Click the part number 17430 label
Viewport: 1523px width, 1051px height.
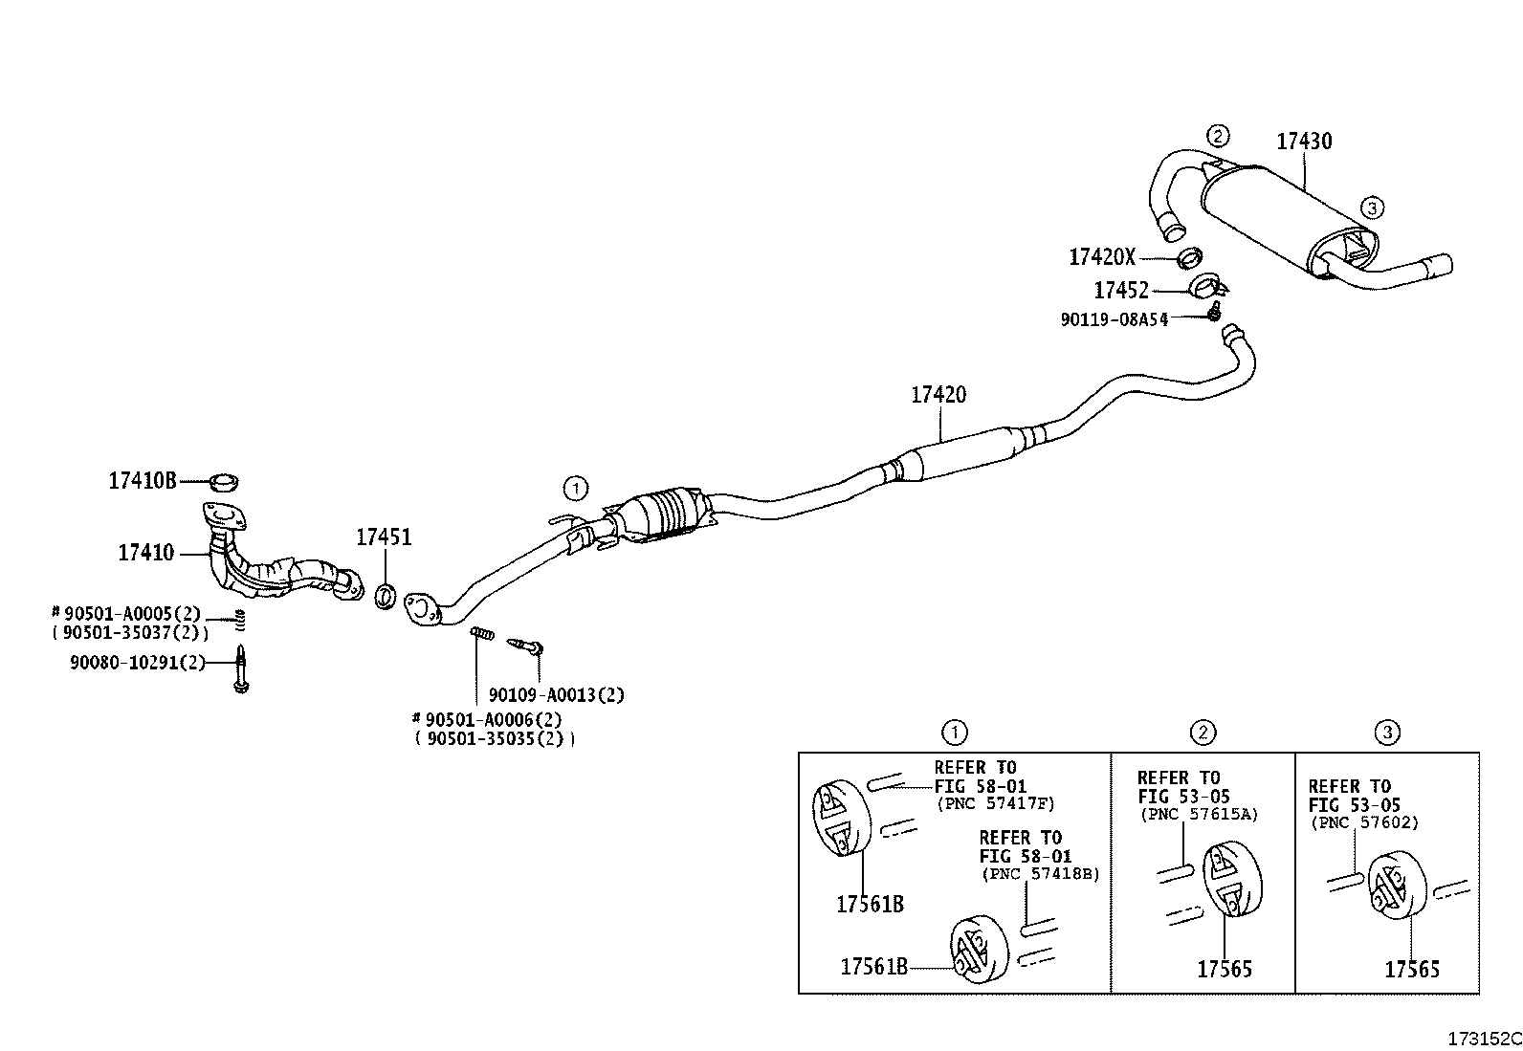pos(1303,142)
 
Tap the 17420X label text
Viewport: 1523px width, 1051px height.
pos(1102,257)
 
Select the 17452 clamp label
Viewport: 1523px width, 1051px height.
pos(1121,291)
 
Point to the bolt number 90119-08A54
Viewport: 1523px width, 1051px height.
pos(1115,318)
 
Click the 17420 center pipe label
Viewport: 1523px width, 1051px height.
pos(938,394)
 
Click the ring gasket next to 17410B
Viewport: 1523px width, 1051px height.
pos(224,481)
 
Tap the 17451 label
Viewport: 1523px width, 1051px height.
pos(385,537)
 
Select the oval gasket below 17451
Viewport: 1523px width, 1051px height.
pos(386,596)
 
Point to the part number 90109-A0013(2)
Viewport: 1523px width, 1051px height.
pos(556,695)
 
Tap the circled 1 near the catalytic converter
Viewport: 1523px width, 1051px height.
pos(576,488)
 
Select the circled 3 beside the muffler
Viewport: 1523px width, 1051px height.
pos(1372,208)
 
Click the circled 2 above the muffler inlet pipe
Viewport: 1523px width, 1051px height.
pos(1218,136)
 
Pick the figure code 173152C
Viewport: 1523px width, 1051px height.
pos(1484,1039)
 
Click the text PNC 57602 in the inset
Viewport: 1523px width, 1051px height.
pos(1365,822)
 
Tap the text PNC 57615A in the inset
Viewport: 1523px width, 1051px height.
pos(1200,814)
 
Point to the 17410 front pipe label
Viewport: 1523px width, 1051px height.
pos(146,552)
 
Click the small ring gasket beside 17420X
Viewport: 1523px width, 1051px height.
pos(1189,257)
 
